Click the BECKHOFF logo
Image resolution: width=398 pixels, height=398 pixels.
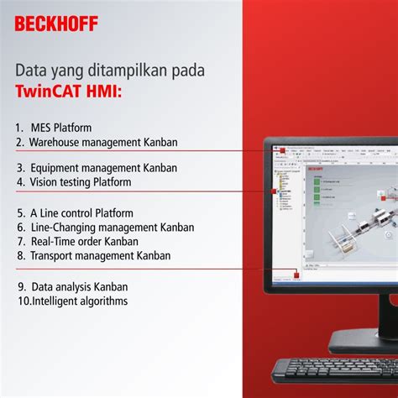click(56, 23)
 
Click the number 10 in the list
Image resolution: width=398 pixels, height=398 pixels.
click(23, 301)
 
